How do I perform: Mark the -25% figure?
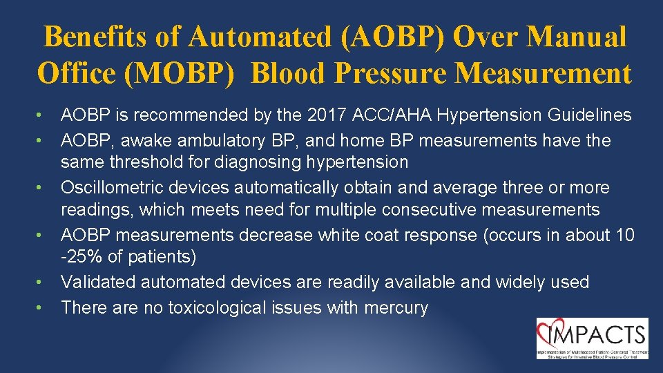click(82, 258)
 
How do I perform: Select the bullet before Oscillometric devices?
click(41, 188)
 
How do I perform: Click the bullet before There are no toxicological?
click(41, 307)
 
